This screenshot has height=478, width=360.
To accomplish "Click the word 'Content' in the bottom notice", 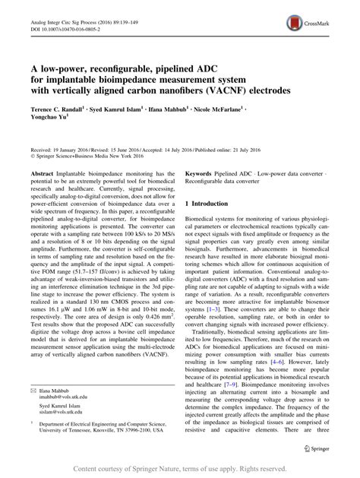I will click(86, 468).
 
